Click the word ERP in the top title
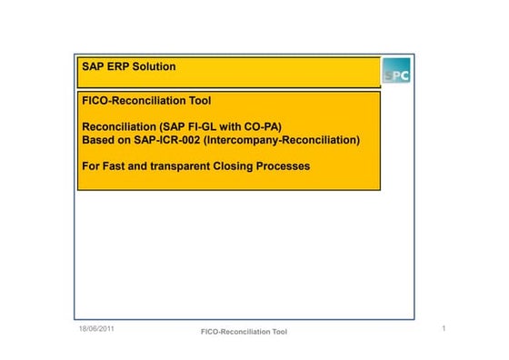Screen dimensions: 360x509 [119, 67]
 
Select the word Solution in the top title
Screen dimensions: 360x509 [155, 67]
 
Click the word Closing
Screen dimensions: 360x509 [239, 166]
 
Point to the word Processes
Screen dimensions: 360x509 [286, 166]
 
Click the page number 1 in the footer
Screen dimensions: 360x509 [442, 326]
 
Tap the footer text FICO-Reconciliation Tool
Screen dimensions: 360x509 [244, 332]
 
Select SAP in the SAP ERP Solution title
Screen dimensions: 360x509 [94, 67]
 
